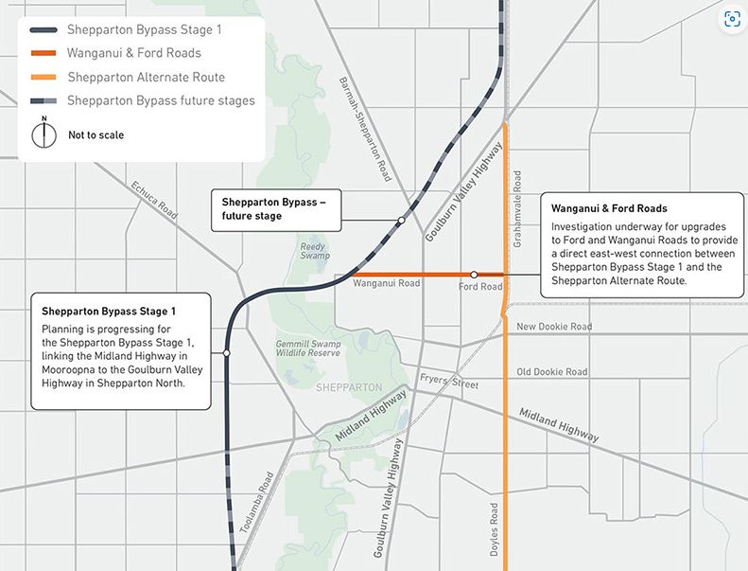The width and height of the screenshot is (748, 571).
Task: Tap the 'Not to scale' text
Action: tap(96, 135)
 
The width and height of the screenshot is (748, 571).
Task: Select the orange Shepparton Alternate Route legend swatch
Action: tap(43, 77)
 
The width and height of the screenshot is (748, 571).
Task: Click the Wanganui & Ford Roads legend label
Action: tap(133, 53)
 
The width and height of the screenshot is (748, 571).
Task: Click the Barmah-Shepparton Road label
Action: tap(365, 129)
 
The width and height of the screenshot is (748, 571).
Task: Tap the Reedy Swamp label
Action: tap(313, 252)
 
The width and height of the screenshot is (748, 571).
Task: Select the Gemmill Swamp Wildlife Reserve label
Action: tap(308, 348)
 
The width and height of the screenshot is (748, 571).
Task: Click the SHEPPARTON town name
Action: tap(351, 387)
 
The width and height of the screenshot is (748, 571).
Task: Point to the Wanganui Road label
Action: tap(386, 283)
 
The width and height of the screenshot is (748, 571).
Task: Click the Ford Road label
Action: tap(479, 286)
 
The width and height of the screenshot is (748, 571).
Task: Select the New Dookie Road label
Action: tap(554, 327)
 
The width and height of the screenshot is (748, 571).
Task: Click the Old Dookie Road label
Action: tap(551, 372)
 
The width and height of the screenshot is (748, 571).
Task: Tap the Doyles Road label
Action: tap(495, 528)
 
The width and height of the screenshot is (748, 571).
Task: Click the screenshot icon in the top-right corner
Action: tap(730, 19)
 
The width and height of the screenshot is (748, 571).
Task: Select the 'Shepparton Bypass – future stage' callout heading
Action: tap(273, 208)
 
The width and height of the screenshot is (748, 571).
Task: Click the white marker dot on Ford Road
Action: tap(475, 274)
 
